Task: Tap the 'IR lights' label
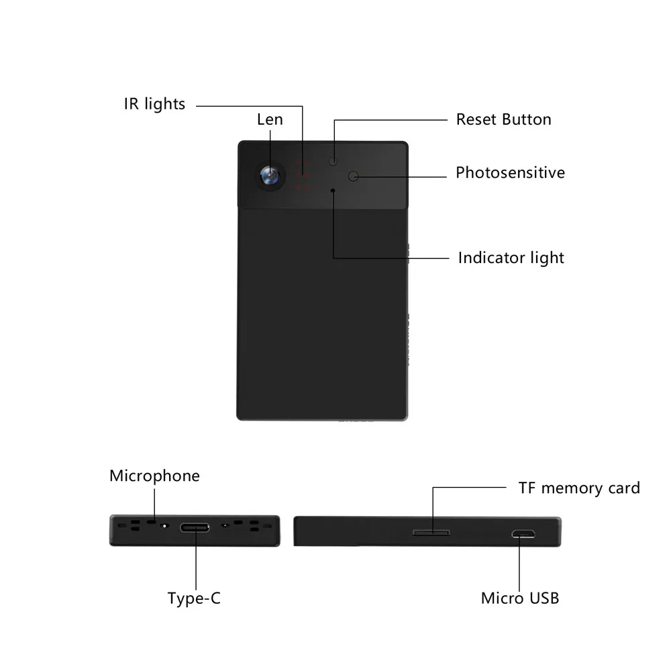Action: [x=154, y=104]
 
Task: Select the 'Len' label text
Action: [x=270, y=119]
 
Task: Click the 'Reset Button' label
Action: [x=503, y=119]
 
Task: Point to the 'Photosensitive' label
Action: [x=510, y=172]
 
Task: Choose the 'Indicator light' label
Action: [x=511, y=258]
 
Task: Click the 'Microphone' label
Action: [x=154, y=476]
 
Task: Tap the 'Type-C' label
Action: [x=194, y=598]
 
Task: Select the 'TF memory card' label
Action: [x=579, y=488]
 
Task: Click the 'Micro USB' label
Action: [x=519, y=598]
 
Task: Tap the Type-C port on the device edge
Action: [x=195, y=527]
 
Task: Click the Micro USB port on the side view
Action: [x=521, y=535]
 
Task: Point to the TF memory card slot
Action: [x=431, y=533]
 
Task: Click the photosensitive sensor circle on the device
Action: [x=354, y=176]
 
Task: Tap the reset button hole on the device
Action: [x=333, y=161]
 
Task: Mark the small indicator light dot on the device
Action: [x=333, y=190]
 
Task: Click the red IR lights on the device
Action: [x=302, y=176]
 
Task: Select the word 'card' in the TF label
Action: [x=623, y=488]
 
